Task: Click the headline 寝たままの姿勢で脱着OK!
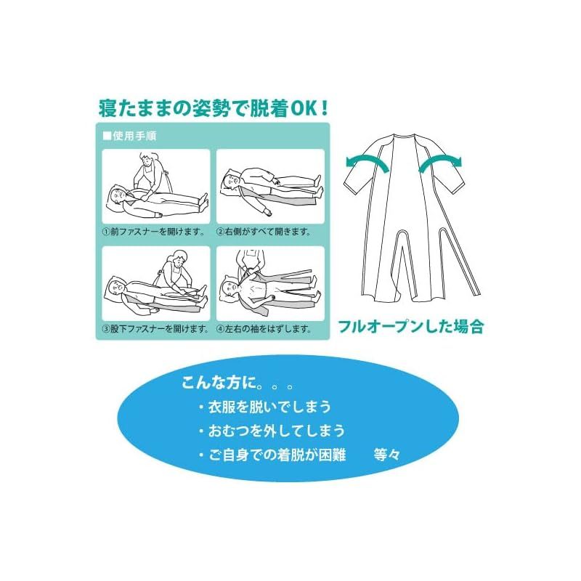213,108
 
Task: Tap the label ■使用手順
130,136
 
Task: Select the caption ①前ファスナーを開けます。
154,232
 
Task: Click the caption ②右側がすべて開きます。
264,232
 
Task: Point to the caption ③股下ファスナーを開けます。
155,329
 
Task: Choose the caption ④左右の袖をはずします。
264,329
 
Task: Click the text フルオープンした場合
411,326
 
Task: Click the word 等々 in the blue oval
387,455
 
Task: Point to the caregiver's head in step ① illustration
147,159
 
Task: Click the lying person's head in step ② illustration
232,180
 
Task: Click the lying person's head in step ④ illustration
230,287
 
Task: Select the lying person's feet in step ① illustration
203,202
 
